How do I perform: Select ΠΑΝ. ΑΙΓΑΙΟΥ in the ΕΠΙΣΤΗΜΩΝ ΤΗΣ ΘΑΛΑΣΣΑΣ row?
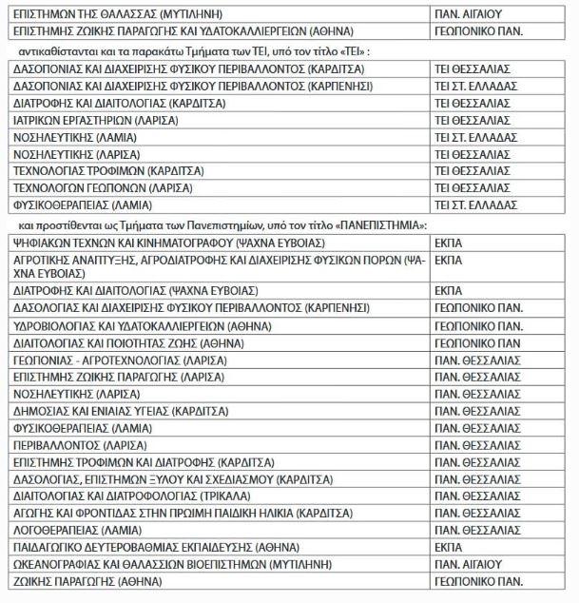pos(468,14)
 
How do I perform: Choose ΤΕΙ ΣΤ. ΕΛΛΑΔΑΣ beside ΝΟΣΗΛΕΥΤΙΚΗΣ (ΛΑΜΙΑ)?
pos(475,137)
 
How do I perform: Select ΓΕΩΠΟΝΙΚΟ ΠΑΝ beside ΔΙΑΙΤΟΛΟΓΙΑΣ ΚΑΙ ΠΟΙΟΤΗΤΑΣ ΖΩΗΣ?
pos(476,342)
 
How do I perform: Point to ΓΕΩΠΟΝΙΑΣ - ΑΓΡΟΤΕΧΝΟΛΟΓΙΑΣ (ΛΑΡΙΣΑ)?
pos(120,360)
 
